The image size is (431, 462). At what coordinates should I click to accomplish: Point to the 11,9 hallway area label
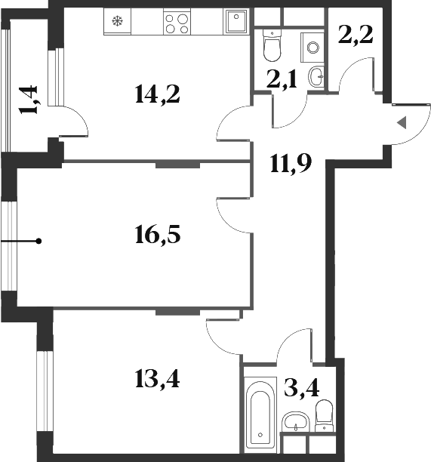point(291,162)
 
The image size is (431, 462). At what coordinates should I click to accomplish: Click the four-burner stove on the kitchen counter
point(177,23)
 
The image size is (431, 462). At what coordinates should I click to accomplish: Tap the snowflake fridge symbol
point(117,21)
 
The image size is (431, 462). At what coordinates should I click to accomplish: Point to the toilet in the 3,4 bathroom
point(325,414)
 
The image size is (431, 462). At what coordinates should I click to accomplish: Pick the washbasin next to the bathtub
point(292,421)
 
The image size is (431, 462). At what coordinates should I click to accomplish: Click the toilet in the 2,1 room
point(271,47)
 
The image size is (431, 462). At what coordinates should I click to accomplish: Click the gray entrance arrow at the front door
point(402,122)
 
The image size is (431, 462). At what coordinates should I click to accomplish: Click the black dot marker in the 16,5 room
point(38,241)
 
